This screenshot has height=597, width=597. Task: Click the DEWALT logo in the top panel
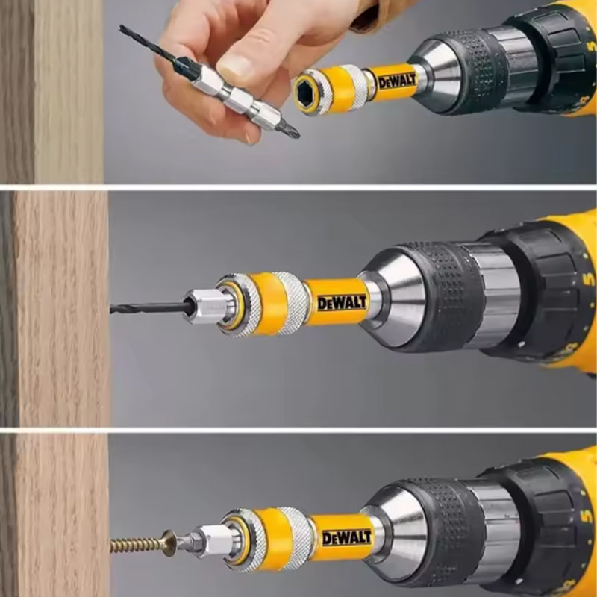click(398, 81)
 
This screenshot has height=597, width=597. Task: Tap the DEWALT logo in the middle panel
click(342, 303)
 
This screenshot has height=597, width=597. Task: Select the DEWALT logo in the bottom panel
click(346, 537)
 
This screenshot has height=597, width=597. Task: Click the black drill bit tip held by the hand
click(149, 45)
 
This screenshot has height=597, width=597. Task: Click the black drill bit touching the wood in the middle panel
click(148, 307)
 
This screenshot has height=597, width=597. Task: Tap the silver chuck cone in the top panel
click(438, 76)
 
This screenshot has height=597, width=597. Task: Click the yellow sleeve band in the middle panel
click(269, 304)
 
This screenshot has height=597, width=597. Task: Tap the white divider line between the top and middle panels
click(298, 187)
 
